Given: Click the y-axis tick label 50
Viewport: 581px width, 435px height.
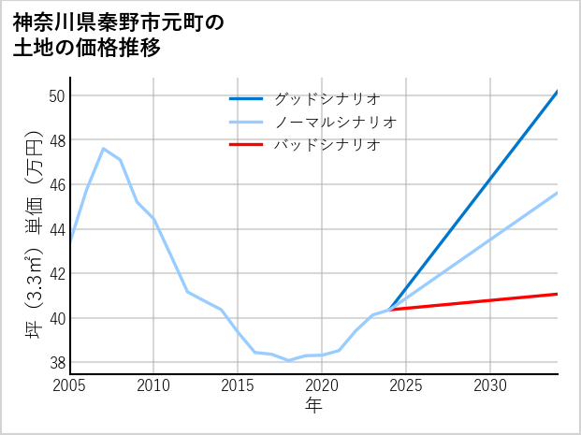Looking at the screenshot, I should pos(56,95).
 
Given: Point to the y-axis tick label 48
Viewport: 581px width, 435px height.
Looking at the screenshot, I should pos(56,140).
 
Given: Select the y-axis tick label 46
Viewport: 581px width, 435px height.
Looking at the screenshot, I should pos(56,184).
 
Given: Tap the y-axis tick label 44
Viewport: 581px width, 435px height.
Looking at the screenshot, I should pos(56,229).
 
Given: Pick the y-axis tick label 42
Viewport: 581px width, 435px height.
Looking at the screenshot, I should pos(56,274).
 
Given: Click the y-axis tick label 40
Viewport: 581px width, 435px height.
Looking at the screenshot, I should pos(56,318).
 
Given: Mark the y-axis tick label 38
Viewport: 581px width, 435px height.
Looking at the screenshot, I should pos(56,363).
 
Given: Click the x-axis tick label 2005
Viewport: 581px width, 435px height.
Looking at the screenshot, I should pos(70,385).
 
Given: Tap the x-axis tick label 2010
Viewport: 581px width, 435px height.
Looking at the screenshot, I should pos(153,385).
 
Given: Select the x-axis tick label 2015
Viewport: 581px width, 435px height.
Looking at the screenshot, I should pos(238,385).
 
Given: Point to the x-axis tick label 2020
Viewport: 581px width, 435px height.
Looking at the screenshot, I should pos(322,385).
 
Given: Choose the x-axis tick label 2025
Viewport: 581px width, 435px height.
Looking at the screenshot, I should pos(406,385).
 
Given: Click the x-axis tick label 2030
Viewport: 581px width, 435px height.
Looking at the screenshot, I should pos(490,385).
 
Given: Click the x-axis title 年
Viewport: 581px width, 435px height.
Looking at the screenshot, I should pos(313,405).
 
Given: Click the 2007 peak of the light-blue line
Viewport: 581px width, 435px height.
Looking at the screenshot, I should pos(103,148).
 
